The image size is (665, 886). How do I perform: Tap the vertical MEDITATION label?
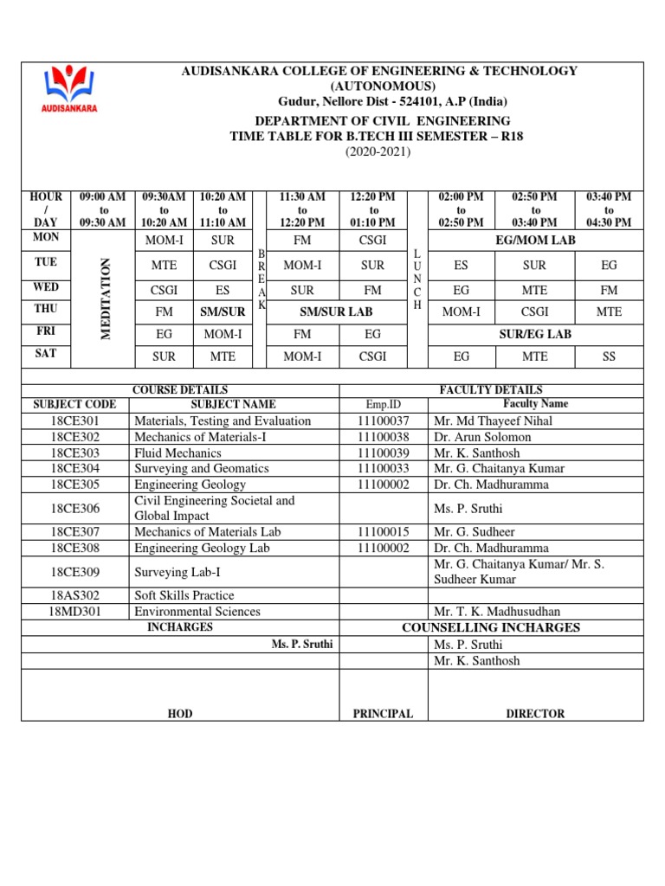tap(107, 285)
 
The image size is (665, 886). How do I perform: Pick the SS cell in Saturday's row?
tap(609, 356)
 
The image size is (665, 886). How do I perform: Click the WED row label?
tap(46, 286)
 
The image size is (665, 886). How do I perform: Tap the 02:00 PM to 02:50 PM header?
tap(461, 210)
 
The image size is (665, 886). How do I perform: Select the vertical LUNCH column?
tap(417, 279)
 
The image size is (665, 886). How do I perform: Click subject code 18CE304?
tap(75, 469)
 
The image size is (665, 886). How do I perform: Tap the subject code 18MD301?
tap(75, 611)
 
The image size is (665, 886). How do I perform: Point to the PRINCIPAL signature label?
tap(383, 714)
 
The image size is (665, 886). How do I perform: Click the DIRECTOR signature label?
tap(535, 714)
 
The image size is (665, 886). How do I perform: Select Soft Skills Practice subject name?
tap(184, 595)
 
